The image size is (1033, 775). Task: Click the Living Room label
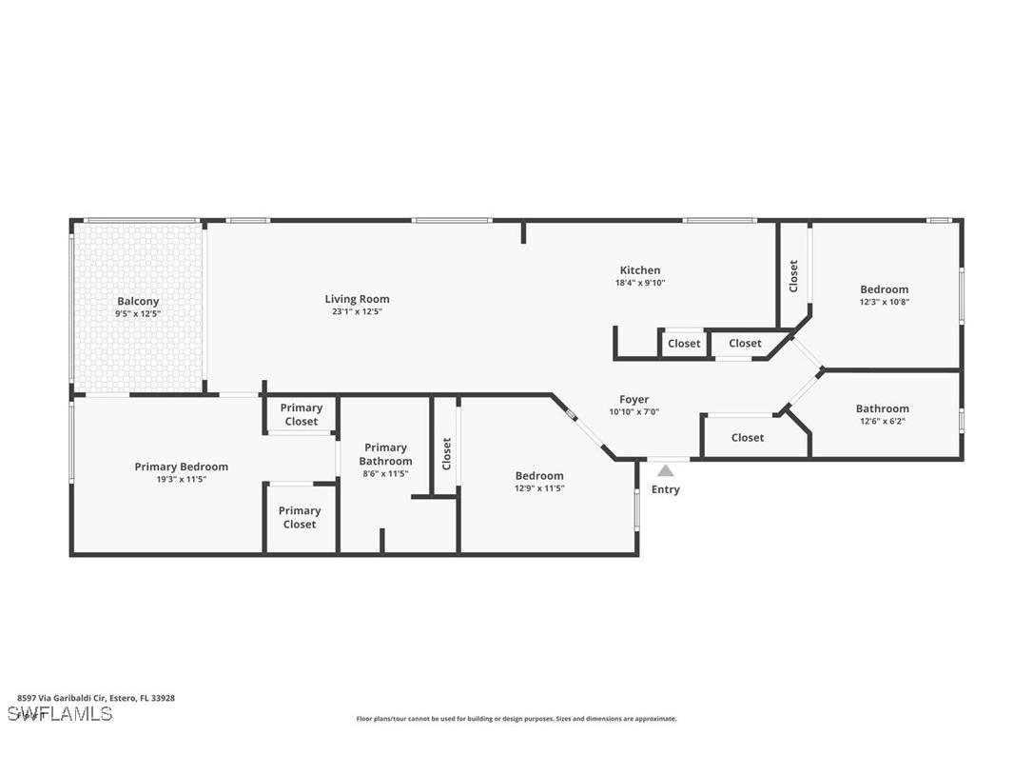tap(357, 299)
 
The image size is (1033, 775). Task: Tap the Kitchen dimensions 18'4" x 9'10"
tap(639, 283)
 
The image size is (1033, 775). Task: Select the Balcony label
tap(138, 301)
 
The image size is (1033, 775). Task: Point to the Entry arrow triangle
tap(666, 470)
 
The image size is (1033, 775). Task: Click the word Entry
tap(666, 489)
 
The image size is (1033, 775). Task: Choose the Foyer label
tap(633, 400)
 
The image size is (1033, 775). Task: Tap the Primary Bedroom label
tap(181, 467)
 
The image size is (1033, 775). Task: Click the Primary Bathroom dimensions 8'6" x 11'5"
tap(386, 473)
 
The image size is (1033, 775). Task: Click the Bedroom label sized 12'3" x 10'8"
tap(884, 289)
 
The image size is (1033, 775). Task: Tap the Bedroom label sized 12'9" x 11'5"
tap(539, 476)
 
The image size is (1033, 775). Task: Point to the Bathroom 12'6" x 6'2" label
tap(882, 408)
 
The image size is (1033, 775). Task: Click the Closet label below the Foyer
tap(748, 438)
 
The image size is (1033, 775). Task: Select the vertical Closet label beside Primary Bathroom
tap(446, 454)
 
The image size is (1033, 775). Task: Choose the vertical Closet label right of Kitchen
tap(793, 276)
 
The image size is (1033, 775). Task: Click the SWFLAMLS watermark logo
tap(60, 714)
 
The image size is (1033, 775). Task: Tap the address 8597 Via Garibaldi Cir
tap(96, 698)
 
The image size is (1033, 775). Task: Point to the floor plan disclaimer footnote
tap(516, 719)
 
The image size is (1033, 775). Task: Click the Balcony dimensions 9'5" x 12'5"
tap(138, 313)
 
